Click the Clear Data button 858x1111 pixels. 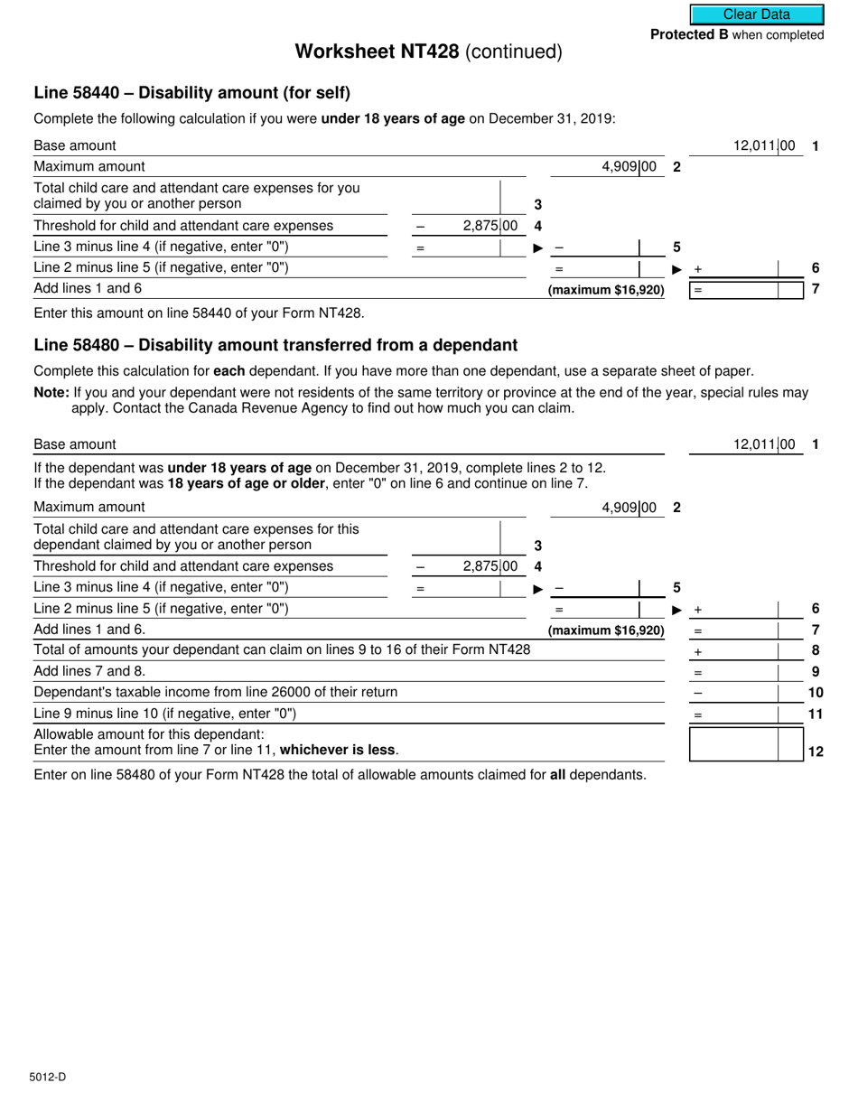coord(757,14)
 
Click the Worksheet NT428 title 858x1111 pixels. coord(428,52)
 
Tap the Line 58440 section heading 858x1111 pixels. coord(191,93)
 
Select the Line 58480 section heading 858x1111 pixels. coord(275,345)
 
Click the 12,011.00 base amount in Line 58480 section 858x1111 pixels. coord(764,444)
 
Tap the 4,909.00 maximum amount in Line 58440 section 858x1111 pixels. coord(629,166)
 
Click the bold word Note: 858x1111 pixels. coord(51,392)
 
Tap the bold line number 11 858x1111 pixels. coord(815,714)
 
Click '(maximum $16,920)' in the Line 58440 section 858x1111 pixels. coord(606,290)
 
